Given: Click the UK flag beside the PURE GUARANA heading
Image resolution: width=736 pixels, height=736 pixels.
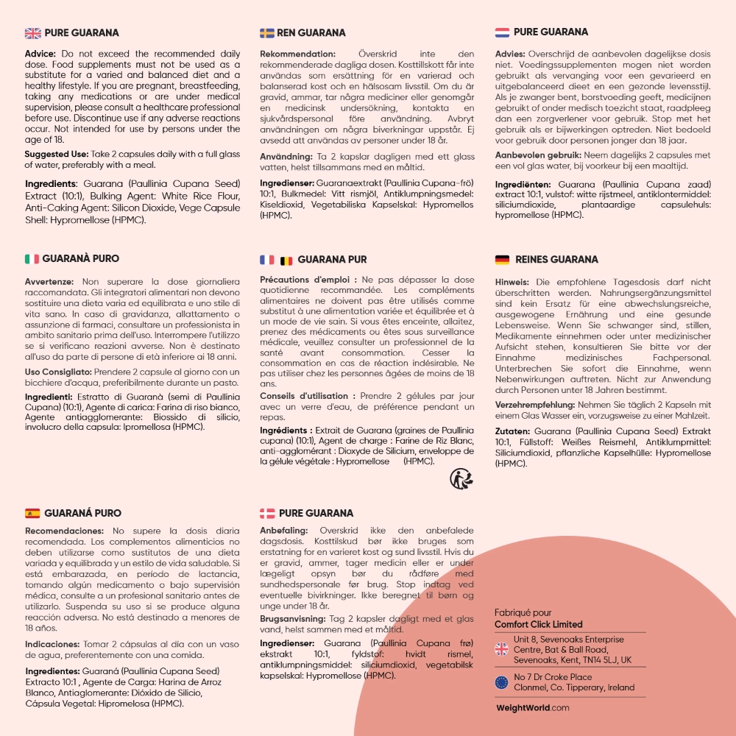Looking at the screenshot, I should pos(32,33).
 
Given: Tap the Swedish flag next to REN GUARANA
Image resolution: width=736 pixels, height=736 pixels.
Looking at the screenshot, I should pos(267,33).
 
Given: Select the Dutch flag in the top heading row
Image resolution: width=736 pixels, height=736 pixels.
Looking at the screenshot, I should pos(502,32).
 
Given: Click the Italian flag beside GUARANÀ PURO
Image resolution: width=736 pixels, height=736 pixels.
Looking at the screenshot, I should pos(32,259).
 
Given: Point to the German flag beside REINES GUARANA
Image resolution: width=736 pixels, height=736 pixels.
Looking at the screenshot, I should pos(502,260).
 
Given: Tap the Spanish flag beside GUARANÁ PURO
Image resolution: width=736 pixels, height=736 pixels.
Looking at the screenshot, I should pos(32,513).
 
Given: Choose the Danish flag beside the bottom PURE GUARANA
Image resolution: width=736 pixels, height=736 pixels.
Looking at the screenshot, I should pos(267,513).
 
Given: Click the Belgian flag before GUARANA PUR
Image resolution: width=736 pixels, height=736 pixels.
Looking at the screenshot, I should pos(286,260).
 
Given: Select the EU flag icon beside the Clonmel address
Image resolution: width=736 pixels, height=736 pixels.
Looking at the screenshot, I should pos(502,682).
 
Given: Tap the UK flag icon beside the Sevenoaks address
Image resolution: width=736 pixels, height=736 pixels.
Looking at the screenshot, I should pos(502,649).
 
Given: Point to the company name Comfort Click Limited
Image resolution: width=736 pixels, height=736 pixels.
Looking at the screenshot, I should pos(538,624).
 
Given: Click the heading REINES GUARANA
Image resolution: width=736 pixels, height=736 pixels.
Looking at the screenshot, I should pos(556,260).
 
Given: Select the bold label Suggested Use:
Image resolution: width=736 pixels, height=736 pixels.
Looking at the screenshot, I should pos(57,154).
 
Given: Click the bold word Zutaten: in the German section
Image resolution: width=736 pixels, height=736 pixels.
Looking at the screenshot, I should pos(512,430).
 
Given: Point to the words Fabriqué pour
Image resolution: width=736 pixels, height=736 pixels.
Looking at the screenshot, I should pos(523,613).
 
